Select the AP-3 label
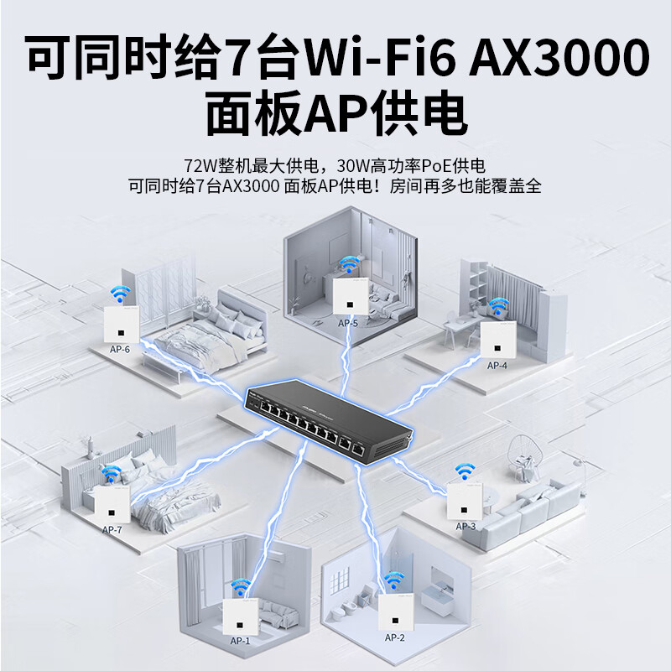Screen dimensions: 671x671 pos(466,526)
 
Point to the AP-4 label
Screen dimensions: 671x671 pos(497,365)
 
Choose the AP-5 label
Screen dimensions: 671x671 pos(348,322)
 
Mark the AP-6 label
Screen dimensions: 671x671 pos(120,348)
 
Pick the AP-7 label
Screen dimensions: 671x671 pos(112,529)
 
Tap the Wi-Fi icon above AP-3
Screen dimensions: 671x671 pos(463,471)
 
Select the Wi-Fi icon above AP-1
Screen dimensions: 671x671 pos(241,586)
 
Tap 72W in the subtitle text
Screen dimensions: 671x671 pos(200,164)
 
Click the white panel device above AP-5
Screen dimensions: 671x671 pos(344,295)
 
